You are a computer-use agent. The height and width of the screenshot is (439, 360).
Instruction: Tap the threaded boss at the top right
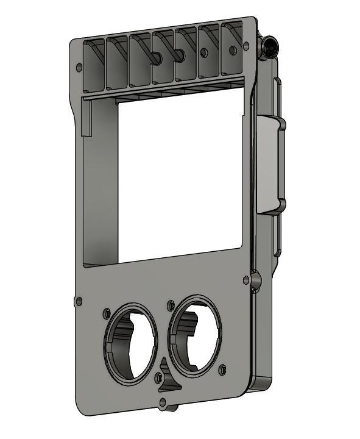(269, 46)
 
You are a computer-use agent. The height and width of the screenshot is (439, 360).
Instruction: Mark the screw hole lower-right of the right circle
(222, 368)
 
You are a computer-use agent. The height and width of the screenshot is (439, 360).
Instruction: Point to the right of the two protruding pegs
(180, 55)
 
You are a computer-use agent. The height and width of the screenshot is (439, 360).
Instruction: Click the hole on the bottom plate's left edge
(79, 301)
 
